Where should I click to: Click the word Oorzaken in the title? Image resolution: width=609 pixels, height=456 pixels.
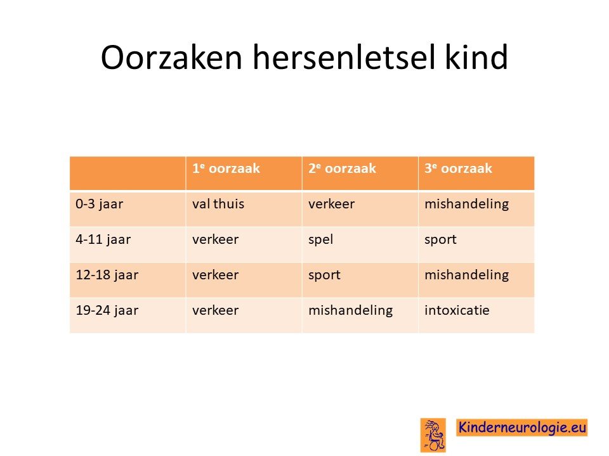[172, 57]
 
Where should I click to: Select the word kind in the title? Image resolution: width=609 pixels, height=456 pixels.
[476, 57]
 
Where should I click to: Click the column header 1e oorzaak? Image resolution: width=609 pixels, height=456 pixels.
[226, 168]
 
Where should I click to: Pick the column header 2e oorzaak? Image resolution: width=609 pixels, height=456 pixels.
[342, 168]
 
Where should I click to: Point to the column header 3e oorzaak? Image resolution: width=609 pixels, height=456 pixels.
[458, 168]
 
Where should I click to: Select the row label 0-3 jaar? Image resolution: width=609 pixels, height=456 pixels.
[100, 205]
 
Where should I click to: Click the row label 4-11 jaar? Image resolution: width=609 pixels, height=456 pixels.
[103, 239]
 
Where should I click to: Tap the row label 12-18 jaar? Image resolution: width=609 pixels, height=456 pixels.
[107, 275]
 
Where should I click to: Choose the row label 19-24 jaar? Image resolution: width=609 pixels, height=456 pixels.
[107, 310]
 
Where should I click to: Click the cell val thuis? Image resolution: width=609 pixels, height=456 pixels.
[218, 203]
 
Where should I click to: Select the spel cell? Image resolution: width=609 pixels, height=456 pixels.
[321, 239]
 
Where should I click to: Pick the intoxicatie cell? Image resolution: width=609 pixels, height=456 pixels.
[457, 310]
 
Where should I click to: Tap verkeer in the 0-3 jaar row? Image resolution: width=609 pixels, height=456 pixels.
[331, 203]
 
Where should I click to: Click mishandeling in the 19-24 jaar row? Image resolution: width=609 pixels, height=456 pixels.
[350, 310]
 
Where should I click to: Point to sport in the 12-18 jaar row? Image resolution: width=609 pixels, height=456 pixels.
[324, 275]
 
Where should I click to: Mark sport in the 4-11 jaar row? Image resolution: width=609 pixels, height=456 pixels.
[440, 239]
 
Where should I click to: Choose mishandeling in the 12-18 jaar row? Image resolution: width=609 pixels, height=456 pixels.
[466, 275]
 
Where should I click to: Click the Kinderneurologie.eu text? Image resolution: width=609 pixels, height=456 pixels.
[521, 427]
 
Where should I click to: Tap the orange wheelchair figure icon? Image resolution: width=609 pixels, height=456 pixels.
[433, 435]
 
